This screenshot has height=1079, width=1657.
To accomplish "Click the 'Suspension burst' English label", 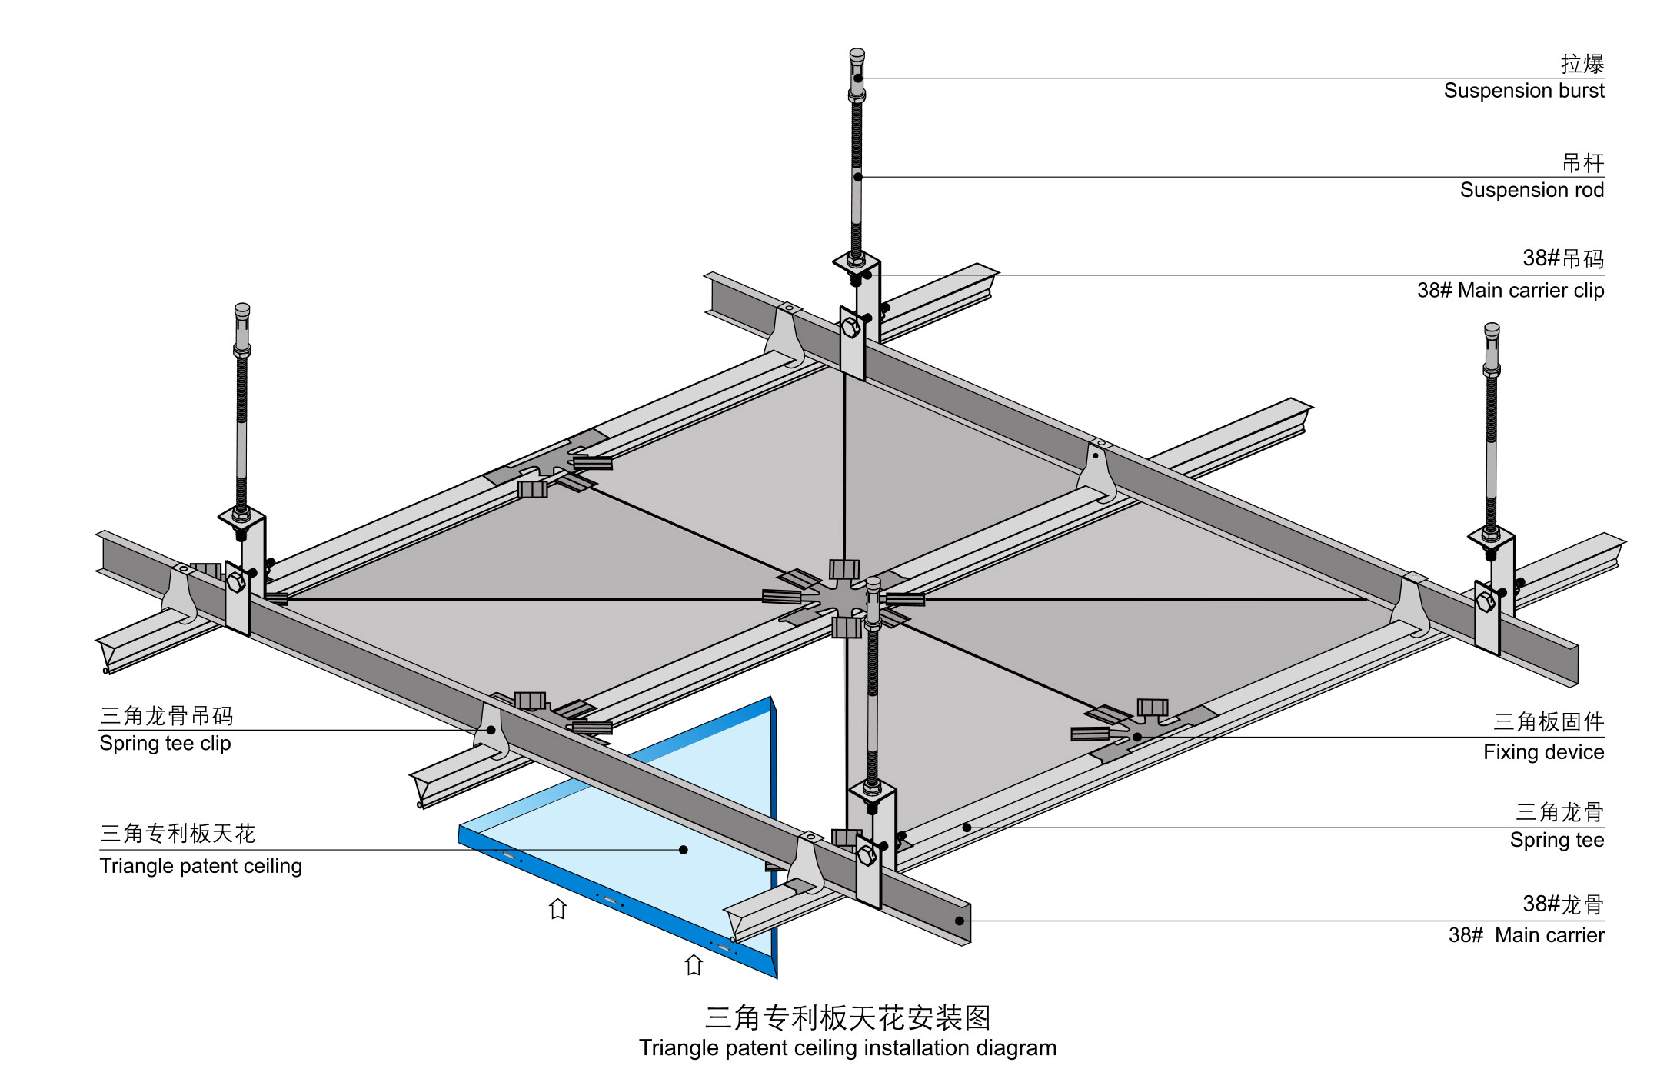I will pos(1523,91).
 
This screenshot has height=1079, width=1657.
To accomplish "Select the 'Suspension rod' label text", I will pos(1531,190).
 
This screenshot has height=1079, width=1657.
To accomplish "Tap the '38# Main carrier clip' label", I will pos(1510,291).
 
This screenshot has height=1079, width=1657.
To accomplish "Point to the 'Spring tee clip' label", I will pos(165,744).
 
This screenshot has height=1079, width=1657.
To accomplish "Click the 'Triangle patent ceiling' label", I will pos(201,866).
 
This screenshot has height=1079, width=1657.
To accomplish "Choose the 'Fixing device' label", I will pos(1543,752).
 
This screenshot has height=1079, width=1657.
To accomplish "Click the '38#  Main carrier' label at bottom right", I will pos(1526,935).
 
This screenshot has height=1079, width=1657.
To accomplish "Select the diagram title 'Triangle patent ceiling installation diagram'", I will pos(847,1048).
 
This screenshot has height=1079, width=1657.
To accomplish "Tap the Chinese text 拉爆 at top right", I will pos(1582,64).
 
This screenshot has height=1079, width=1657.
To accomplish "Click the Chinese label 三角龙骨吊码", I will pos(166,716).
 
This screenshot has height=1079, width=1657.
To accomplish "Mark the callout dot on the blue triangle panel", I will pos(683,850).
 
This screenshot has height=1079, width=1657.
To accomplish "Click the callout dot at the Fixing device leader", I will pos(1137,737).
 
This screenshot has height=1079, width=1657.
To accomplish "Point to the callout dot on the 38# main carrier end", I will pos(960,921).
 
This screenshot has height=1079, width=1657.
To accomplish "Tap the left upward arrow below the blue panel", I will pos(557,909).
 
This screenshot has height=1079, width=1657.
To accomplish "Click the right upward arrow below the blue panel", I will pos(694,965).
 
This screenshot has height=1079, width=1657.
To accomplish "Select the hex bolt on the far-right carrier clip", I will pos(1486,601).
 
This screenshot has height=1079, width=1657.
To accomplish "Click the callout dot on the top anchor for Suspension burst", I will pos(857,78).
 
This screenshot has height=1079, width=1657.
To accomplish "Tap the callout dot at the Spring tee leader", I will pos(967,828).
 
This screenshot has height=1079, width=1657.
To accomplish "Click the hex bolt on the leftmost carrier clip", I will pos(236,582).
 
